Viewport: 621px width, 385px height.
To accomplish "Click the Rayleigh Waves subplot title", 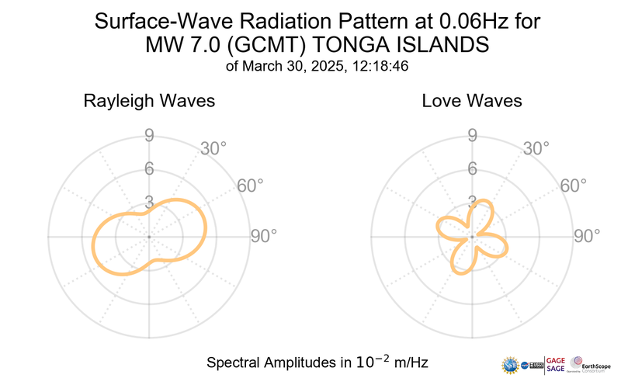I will click(x=150, y=101).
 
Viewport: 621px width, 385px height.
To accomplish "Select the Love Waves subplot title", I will click(x=472, y=101).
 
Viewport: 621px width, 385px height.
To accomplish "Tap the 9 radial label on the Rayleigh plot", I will click(x=149, y=137).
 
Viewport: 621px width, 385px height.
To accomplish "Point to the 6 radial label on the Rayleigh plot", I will click(x=149, y=169).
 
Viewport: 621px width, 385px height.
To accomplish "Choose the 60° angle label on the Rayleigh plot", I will click(x=250, y=186).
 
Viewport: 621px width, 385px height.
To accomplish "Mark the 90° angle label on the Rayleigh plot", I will click(x=264, y=237).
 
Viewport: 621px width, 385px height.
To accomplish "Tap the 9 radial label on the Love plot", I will click(x=472, y=137).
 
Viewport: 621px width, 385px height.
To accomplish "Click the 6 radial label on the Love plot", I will click(x=472, y=169).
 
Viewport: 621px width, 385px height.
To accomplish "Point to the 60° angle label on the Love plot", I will click(x=573, y=186).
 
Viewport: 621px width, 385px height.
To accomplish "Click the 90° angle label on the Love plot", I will click(x=587, y=237).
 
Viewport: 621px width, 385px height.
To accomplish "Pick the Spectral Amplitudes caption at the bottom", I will click(x=317, y=362).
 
